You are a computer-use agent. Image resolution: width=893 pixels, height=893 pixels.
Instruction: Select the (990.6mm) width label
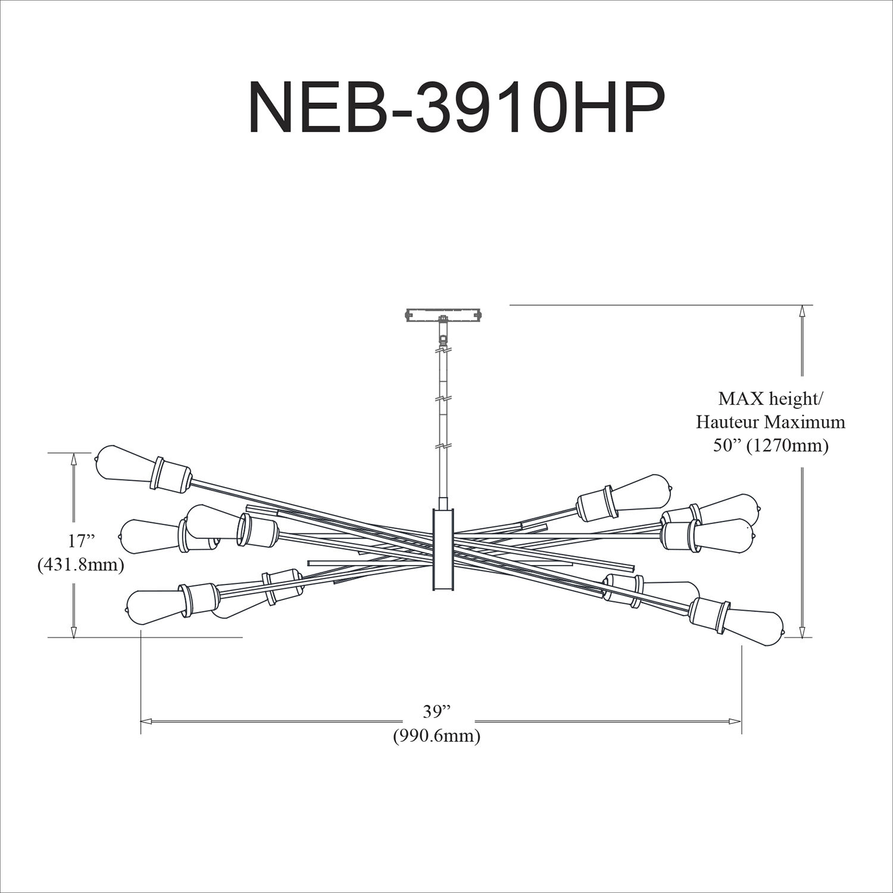[436, 736]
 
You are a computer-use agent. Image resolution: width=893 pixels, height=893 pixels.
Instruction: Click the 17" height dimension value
[82, 541]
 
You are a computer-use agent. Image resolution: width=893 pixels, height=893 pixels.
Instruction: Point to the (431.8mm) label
[81, 564]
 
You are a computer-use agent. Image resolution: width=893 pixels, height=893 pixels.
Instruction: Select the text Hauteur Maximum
[770, 422]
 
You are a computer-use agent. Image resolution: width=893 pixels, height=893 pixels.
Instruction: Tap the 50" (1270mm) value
[770, 446]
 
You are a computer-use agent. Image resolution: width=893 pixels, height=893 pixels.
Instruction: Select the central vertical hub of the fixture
[442, 549]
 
